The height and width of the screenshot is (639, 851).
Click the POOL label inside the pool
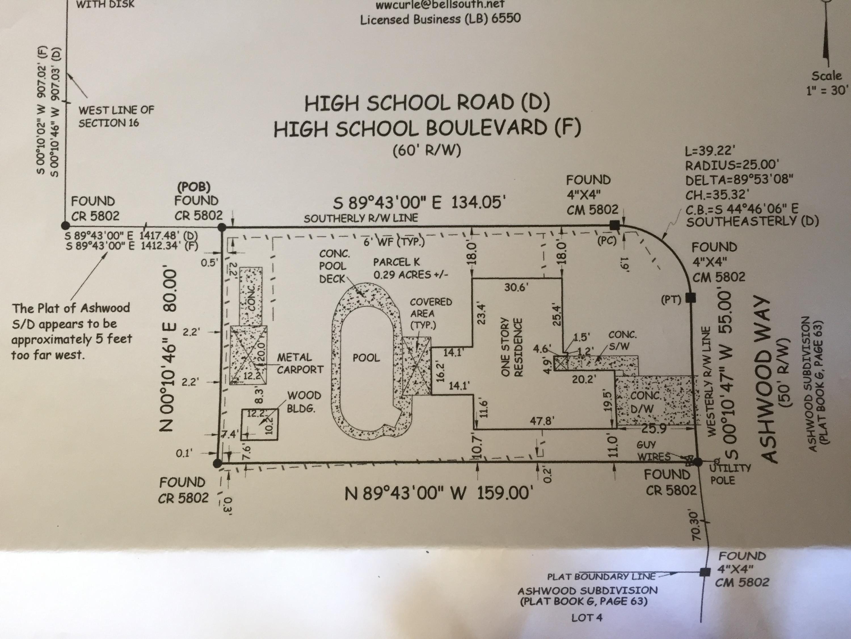366,358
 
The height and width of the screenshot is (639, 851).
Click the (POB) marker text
194,187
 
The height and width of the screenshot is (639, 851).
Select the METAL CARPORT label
300,364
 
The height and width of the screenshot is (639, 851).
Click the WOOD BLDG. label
304,402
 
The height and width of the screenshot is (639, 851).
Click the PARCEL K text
397,262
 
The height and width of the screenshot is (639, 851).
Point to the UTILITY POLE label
730,474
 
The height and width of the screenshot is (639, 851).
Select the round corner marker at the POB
222,227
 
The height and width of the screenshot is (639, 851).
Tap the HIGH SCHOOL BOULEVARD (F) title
427,129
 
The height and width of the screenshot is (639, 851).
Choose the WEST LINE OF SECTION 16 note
116,116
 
